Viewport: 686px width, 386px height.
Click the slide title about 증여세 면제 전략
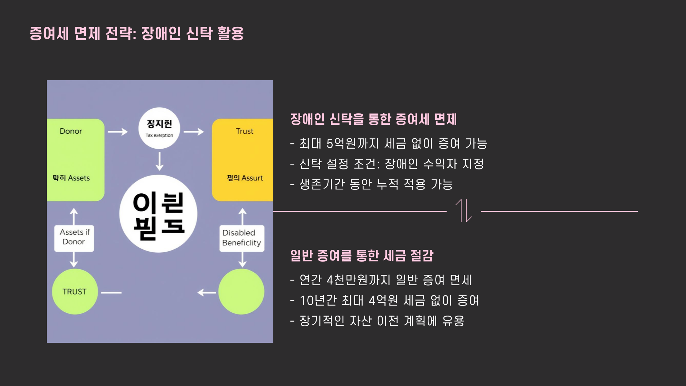136,34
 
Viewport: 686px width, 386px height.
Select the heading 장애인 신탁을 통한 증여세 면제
373,119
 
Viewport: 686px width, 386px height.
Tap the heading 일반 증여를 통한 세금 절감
362,256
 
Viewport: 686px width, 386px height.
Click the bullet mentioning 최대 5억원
389,144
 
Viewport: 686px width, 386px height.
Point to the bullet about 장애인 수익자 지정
387,164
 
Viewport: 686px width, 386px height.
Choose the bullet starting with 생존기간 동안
372,184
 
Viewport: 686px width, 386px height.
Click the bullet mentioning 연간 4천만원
381,280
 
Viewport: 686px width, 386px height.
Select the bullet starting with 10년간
385,301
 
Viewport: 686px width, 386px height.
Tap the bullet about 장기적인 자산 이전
377,321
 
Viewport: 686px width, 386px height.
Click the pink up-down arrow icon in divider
464,211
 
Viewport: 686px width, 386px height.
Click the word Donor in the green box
71,131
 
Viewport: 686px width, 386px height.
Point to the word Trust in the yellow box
245,131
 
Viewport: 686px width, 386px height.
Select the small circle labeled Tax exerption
159,128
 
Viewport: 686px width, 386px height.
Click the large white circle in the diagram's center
158,214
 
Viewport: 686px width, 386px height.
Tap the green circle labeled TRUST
75,292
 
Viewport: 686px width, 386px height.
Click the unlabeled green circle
241,292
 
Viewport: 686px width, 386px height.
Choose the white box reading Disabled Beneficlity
242,238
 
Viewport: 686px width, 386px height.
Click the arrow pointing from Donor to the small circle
118,132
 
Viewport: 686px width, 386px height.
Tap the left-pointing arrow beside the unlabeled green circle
207,293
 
